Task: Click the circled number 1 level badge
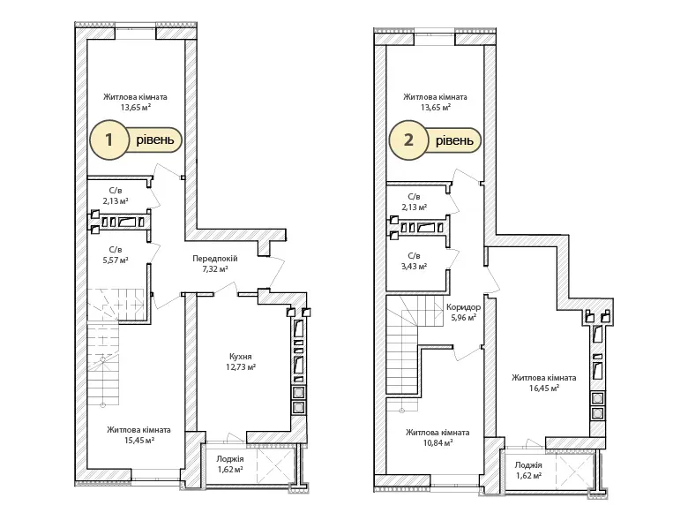tap(109, 140)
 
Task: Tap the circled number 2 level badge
tap(408, 140)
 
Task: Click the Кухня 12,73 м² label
tap(240, 362)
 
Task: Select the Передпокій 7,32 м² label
tap(214, 264)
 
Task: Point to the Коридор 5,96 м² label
tap(463, 313)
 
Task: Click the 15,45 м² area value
tap(139, 441)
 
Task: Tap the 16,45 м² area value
tap(544, 389)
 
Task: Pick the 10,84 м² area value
tap(437, 443)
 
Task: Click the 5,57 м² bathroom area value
tap(116, 260)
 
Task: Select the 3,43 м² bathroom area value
tap(415, 267)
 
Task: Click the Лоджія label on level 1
tap(230, 459)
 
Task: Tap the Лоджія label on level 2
tap(528, 465)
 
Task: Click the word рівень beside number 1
tap(155, 140)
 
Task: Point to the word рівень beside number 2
tap(454, 140)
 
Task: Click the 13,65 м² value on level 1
tap(136, 108)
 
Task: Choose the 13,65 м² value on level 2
tap(436, 108)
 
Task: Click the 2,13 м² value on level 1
tap(116, 200)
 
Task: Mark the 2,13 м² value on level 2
tap(415, 207)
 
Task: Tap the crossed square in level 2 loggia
tap(574, 471)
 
